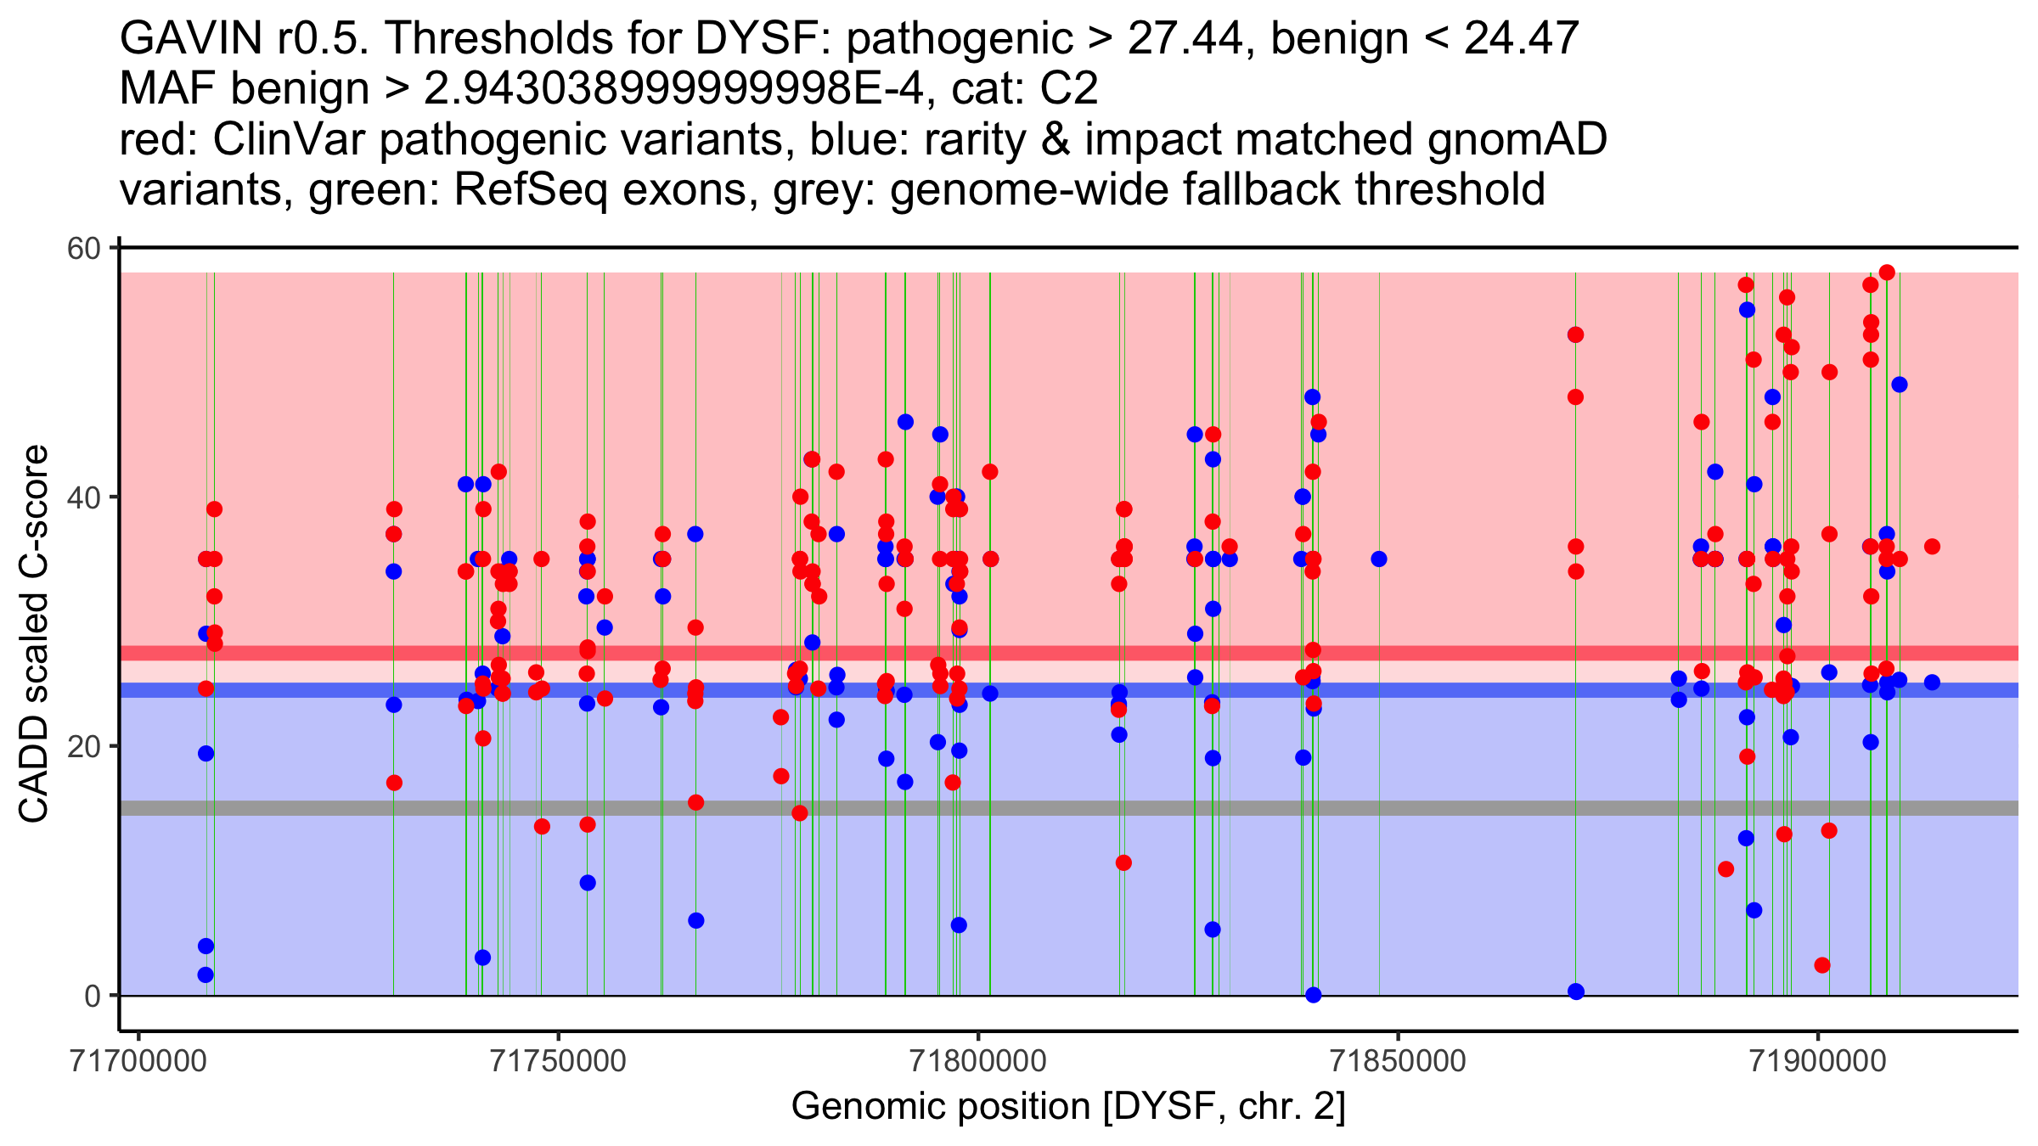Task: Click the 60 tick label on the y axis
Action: coord(84,249)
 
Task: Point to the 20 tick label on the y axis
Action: coord(84,747)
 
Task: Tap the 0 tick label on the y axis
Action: coord(93,996)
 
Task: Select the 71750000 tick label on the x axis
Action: coord(559,1061)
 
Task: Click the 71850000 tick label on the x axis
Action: coord(1398,1061)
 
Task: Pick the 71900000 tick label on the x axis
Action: coord(1818,1061)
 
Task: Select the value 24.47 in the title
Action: coord(1522,38)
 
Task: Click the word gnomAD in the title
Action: coord(1517,139)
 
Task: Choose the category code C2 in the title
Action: coord(1069,88)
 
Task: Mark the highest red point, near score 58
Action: coord(1887,272)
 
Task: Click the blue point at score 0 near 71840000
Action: coord(1314,995)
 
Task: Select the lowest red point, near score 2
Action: coord(1821,965)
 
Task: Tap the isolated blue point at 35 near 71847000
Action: coord(1379,559)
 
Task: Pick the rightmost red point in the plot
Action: coord(1932,547)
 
